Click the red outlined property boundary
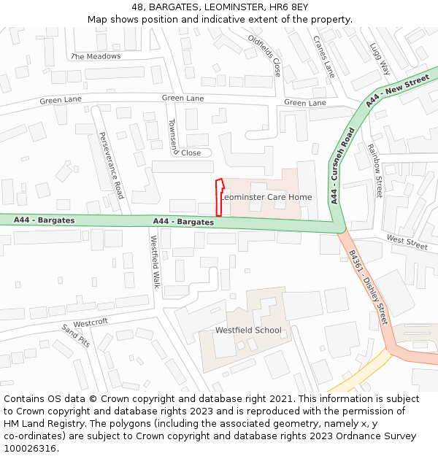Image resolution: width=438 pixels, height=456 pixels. coord(218,198)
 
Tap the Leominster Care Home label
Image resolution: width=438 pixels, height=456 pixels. coord(266,197)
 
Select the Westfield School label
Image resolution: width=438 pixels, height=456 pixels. coord(247,331)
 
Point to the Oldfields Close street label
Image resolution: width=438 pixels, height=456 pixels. coord(264,55)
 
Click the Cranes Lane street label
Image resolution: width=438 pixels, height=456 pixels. coord(323,56)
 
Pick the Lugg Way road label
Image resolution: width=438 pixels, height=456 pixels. coord(380,58)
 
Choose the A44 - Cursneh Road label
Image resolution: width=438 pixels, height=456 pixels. coord(342,166)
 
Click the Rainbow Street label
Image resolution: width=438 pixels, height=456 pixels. coord(374,171)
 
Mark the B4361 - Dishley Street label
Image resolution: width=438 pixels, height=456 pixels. coord(368,287)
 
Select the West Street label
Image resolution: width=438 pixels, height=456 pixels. coord(407,242)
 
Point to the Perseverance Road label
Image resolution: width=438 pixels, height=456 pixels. coord(112,165)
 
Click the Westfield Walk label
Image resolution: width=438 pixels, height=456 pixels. coord(155,261)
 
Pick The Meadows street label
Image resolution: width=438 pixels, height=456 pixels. coord(96,56)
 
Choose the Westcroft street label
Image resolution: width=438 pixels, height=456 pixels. coord(91,322)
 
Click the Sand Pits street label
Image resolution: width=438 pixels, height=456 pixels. coord(75,336)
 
